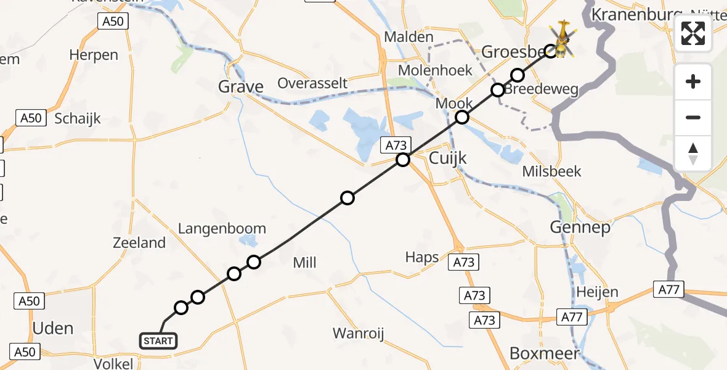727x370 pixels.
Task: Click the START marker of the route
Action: click(x=158, y=340)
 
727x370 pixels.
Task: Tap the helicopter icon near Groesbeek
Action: click(x=562, y=41)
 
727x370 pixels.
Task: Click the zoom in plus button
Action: click(x=693, y=81)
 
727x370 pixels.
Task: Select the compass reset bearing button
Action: click(x=693, y=153)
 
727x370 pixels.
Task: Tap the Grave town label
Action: click(x=241, y=87)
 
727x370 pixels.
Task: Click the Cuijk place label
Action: click(x=447, y=158)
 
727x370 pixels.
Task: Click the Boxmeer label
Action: click(x=545, y=353)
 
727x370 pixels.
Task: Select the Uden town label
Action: click(x=52, y=328)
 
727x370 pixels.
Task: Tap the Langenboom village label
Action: click(x=222, y=229)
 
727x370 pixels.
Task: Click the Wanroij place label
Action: click(x=358, y=334)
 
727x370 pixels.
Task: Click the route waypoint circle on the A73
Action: click(x=402, y=160)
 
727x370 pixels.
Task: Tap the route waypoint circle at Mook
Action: click(x=462, y=117)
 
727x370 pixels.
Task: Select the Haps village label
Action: click(x=422, y=257)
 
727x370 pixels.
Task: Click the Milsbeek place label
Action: click(x=551, y=171)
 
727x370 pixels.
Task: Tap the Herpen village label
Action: click(x=93, y=55)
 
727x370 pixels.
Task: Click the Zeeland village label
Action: click(x=139, y=243)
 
